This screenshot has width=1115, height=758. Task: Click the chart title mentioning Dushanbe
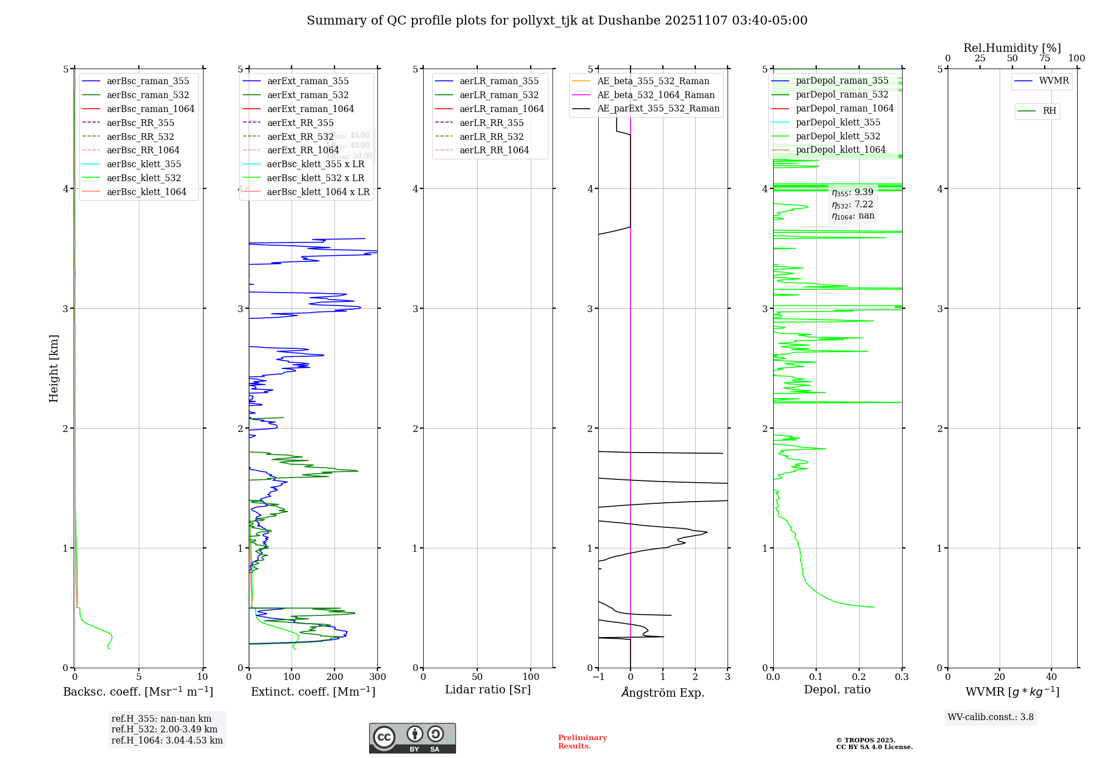pyautogui.click(x=557, y=21)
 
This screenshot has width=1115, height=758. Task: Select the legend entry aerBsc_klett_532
pyautogui.click(x=144, y=178)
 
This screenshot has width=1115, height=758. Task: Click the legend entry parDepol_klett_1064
pyautogui.click(x=841, y=149)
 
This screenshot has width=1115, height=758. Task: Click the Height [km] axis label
pyautogui.click(x=54, y=368)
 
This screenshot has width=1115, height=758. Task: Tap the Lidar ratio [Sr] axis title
pyautogui.click(x=488, y=689)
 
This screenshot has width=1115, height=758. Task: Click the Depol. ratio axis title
pyautogui.click(x=837, y=689)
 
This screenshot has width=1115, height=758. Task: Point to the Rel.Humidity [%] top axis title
pyautogui.click(x=1012, y=48)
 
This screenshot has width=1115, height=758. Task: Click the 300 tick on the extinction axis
pyautogui.click(x=377, y=677)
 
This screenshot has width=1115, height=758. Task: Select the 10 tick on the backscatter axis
pyautogui.click(x=202, y=677)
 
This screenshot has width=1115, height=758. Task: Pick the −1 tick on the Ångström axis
pyautogui.click(x=598, y=677)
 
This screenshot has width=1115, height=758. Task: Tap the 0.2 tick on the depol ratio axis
pyautogui.click(x=859, y=677)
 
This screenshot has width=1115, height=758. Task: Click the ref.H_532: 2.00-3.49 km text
pyautogui.click(x=164, y=730)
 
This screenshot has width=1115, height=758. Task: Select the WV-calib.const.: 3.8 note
pyautogui.click(x=991, y=717)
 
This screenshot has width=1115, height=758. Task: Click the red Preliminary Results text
pyautogui.click(x=582, y=742)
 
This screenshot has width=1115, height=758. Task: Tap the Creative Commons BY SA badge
pyautogui.click(x=412, y=738)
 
